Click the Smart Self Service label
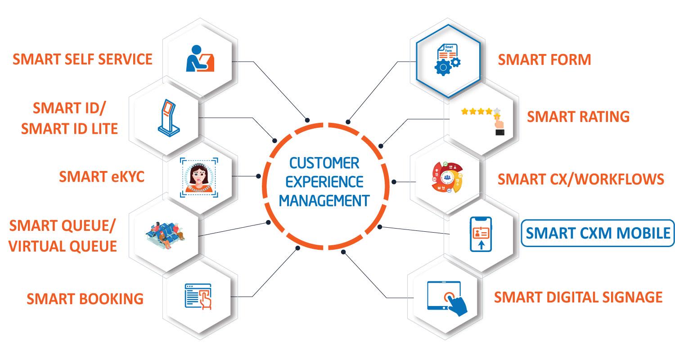(82, 59)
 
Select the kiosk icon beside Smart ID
(168, 118)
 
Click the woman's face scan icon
(199, 177)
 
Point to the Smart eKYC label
(102, 177)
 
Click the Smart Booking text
(85, 299)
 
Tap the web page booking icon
(198, 297)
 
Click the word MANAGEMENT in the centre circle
(324, 201)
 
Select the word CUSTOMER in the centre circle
(324, 163)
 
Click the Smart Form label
(544, 60)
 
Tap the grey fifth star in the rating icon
(497, 111)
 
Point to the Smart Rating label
(578, 117)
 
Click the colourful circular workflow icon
(447, 177)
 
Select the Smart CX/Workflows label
(580, 179)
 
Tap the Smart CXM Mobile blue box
(598, 233)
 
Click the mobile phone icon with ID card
(481, 234)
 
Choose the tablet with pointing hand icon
(447, 298)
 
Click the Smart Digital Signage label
(578, 297)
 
